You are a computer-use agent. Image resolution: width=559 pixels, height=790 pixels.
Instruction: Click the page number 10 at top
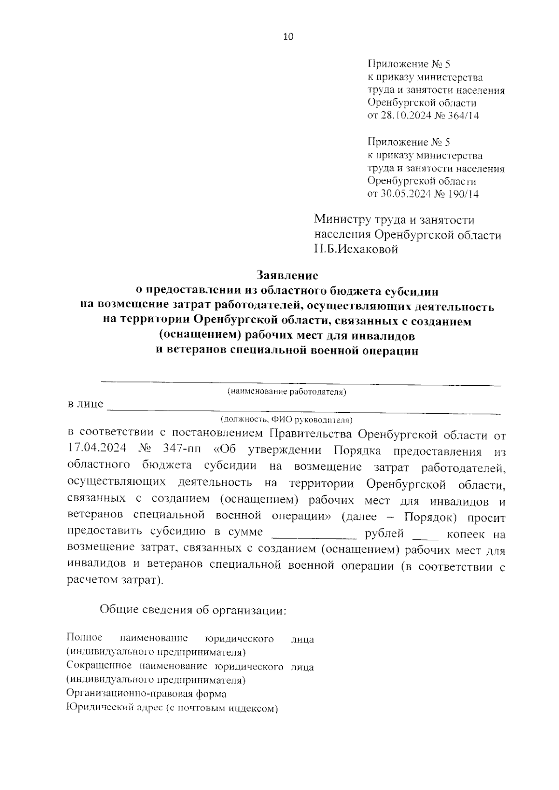pyautogui.click(x=288, y=37)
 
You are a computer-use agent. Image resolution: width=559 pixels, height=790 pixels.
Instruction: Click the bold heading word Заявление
pyautogui.click(x=287, y=276)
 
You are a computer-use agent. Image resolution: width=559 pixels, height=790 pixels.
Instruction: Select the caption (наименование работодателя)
pyautogui.click(x=286, y=392)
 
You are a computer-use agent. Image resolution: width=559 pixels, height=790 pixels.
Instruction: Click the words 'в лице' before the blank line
pyautogui.click(x=85, y=403)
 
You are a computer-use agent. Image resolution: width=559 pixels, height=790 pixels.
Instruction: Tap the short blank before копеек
pyautogui.click(x=425, y=534)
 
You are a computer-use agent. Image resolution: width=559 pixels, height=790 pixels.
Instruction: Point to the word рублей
pyautogui.click(x=384, y=533)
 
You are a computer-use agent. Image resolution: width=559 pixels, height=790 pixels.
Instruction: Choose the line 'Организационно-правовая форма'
pyautogui.click(x=146, y=694)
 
